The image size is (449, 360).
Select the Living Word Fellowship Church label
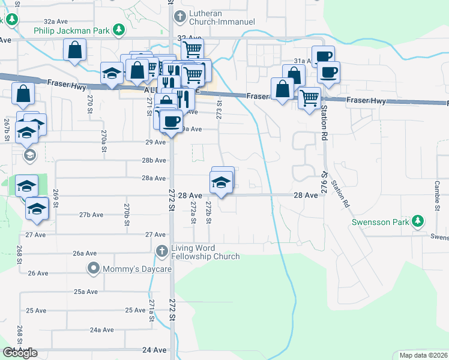point(205,252)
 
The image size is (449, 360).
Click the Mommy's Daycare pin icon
point(93,268)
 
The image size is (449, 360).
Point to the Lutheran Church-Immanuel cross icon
point(178,17)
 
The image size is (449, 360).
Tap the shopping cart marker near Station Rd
point(309,97)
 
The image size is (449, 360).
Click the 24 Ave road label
point(154,349)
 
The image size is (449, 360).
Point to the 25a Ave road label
point(85,292)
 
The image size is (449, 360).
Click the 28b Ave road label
point(154,160)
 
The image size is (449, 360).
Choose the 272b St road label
point(208,212)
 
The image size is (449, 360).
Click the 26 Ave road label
point(38,273)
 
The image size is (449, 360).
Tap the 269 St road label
point(55,197)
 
